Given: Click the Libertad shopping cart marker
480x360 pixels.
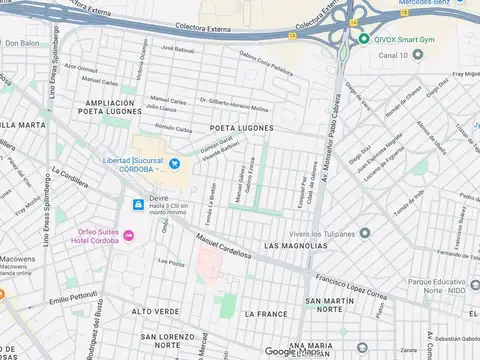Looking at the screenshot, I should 174,164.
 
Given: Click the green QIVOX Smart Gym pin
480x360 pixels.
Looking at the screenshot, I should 364,39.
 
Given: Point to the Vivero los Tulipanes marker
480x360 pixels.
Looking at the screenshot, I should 364,233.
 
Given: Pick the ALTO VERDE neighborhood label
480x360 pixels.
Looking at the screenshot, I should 155,311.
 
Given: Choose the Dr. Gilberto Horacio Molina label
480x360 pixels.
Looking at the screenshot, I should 234,105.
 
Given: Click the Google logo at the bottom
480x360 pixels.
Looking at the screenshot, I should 283,351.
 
